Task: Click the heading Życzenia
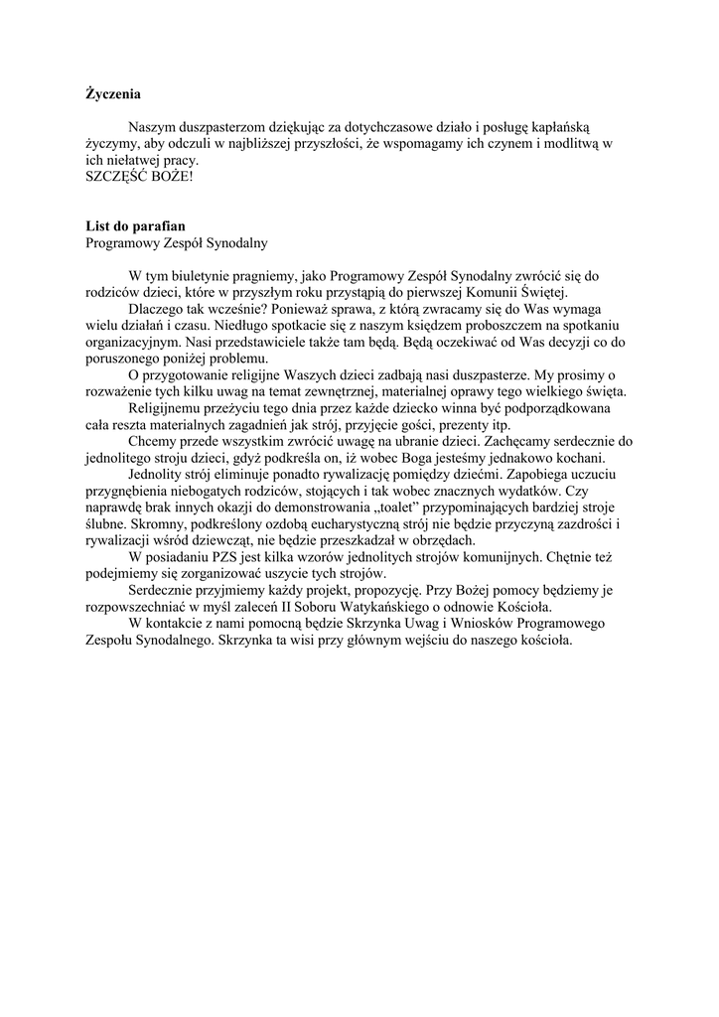(x=113, y=95)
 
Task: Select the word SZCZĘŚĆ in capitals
(x=117, y=176)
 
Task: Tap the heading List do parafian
(x=135, y=225)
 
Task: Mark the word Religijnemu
(x=170, y=407)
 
